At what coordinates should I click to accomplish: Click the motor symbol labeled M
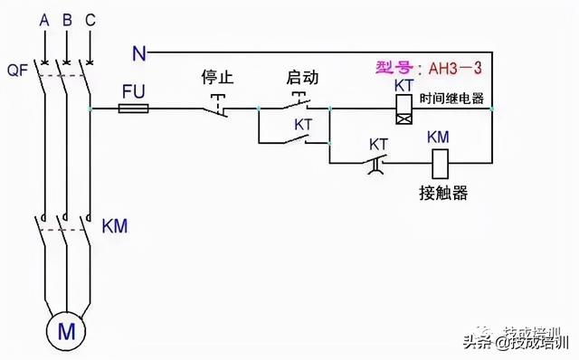(66, 332)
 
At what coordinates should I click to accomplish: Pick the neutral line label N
(138, 53)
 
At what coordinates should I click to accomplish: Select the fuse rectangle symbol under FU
(135, 109)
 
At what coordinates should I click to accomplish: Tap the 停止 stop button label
(217, 78)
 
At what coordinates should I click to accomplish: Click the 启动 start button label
(302, 78)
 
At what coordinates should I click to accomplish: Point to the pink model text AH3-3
(422, 67)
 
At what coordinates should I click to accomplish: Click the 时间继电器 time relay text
(451, 98)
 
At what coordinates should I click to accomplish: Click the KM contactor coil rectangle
(439, 163)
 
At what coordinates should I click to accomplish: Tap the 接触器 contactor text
(443, 193)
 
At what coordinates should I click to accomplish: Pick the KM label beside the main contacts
(115, 224)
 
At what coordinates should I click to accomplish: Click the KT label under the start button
(304, 123)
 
